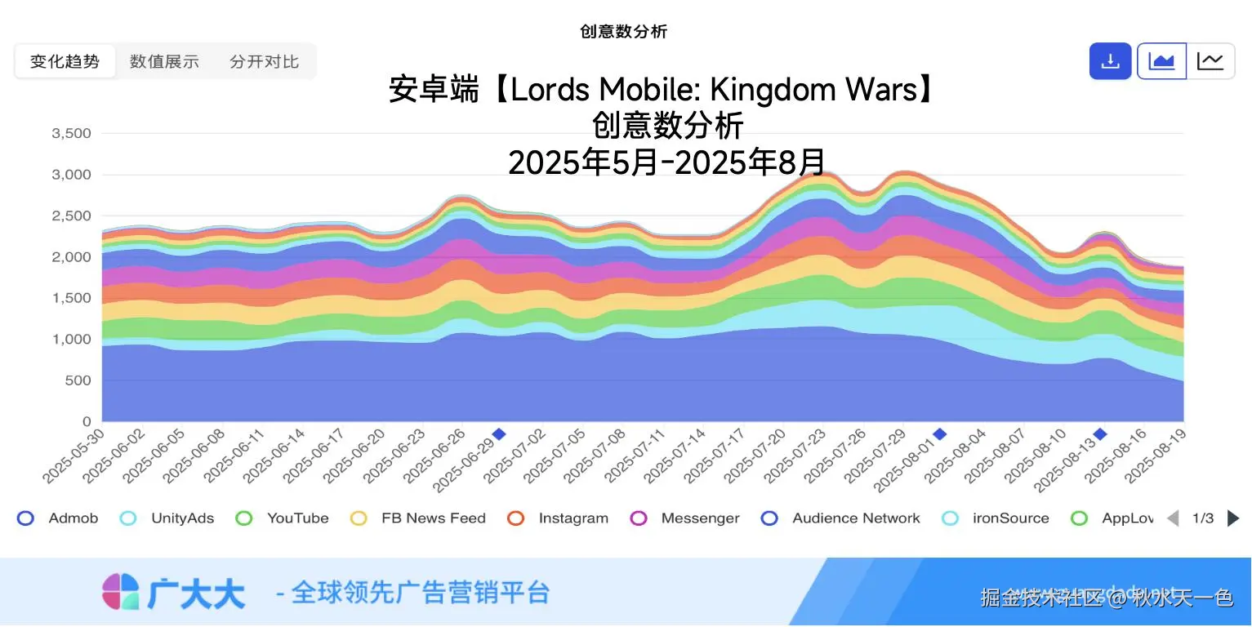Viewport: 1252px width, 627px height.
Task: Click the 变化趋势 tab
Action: point(65,61)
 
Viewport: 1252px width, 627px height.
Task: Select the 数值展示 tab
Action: point(164,61)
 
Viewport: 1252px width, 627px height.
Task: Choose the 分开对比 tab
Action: point(264,61)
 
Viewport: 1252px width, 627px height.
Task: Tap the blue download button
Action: point(1110,61)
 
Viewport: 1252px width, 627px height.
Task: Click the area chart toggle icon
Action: point(1161,61)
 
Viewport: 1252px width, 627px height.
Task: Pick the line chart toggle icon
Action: point(1210,61)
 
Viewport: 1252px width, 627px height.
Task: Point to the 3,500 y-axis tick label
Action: point(71,133)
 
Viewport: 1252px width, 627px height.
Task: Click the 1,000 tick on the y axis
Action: point(71,340)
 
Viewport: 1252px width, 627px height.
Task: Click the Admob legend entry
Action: point(58,518)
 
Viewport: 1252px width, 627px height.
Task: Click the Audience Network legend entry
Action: point(840,518)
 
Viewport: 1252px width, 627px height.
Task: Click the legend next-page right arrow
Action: point(1233,518)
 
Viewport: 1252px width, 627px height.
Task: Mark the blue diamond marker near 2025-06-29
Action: point(499,434)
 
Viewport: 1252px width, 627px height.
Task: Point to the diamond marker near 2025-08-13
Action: point(1100,434)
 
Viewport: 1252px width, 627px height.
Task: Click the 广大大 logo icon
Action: point(121,591)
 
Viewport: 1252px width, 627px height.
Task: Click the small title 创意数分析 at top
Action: point(624,32)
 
